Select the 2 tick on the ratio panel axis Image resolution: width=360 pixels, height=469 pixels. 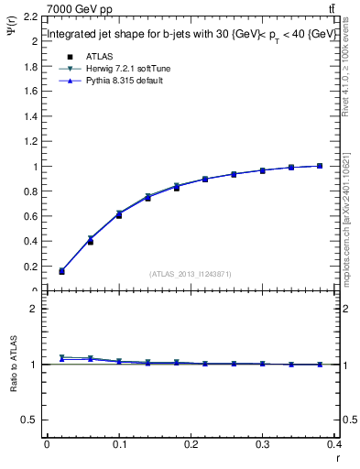tap(35, 309)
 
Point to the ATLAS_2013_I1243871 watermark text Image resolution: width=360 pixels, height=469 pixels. tap(190, 274)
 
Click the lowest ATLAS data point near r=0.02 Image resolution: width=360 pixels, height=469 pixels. tap(61, 271)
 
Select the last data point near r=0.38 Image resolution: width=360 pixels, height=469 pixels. tap(320, 166)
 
